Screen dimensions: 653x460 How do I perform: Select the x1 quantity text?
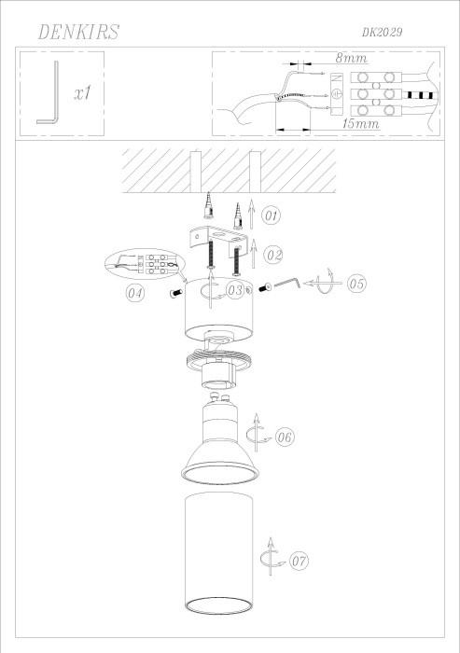80,94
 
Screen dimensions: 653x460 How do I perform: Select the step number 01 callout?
271,216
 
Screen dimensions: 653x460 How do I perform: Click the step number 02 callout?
272,253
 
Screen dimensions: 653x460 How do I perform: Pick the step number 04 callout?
136,295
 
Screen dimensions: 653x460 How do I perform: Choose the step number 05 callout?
355,284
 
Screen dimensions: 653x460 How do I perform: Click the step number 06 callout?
286,436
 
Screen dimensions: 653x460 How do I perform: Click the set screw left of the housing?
175,295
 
